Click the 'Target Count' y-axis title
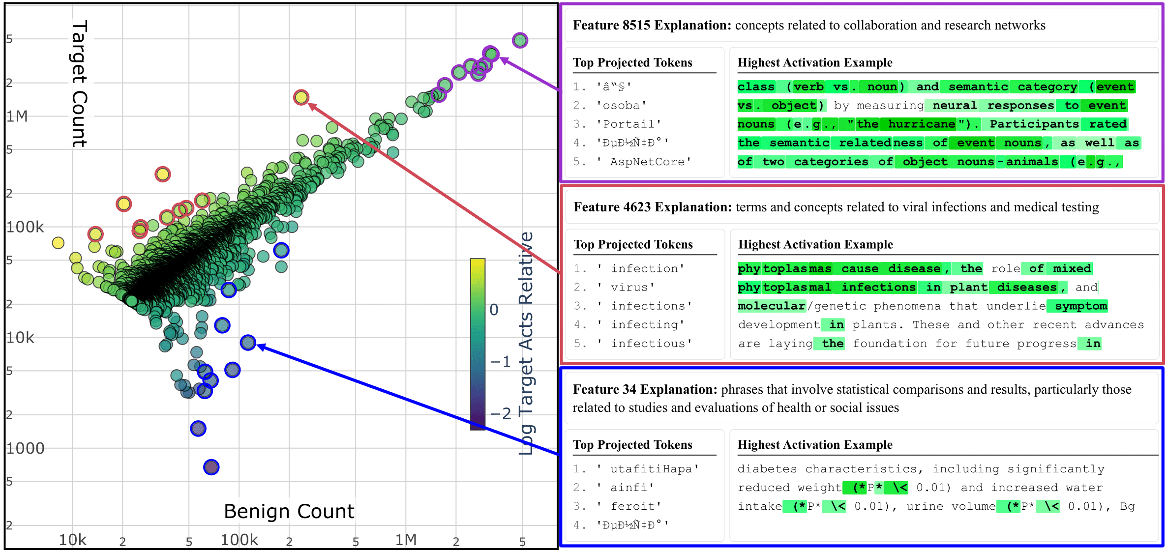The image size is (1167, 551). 79,84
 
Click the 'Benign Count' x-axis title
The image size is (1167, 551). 289,512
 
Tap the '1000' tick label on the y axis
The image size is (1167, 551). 25,448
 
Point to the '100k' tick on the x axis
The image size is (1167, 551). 239,540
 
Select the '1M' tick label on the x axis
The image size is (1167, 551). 406,540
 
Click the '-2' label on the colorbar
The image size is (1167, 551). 501,413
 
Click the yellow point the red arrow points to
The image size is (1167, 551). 301,97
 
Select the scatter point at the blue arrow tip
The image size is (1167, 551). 248,343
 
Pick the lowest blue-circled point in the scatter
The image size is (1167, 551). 211,467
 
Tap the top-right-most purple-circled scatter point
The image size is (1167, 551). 520,40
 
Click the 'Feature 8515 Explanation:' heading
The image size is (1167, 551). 652,26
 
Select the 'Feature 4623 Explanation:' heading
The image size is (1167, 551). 653,207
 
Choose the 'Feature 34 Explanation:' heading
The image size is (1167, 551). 645,390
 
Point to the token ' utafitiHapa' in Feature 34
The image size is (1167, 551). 654,469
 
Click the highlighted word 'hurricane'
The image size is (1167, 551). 922,124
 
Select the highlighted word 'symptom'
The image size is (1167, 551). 1080,306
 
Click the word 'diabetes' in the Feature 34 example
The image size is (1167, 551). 767,469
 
